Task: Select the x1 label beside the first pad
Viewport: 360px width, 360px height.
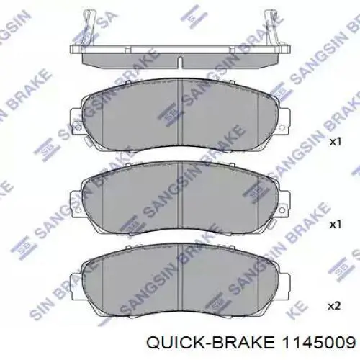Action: point(334,143)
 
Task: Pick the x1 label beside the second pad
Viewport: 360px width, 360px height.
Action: point(334,225)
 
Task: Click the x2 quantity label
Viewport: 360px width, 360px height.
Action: point(334,306)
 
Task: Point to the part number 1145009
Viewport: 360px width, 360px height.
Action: point(319,342)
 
